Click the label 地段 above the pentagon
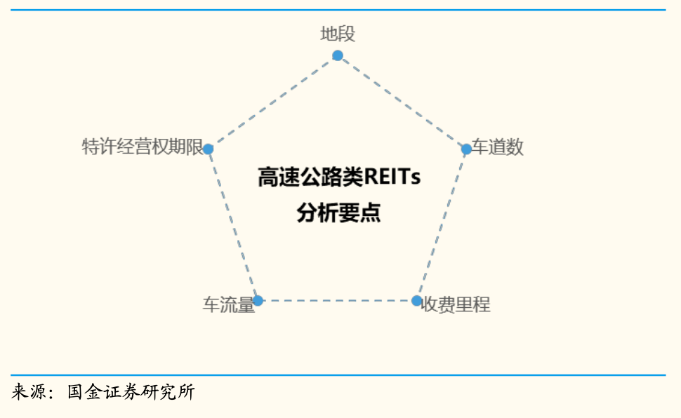coord(338,34)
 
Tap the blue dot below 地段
coord(338,55)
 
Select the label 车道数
coord(498,147)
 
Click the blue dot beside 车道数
coord(466,149)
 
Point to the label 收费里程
coord(456,304)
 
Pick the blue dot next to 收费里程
coord(416,300)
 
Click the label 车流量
coord(228,304)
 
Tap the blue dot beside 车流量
coord(258,300)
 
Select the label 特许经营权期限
coord(143,147)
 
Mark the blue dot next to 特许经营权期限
coord(209,149)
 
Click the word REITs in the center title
coord(392,177)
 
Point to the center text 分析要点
coord(339,213)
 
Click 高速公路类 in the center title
coord(310,177)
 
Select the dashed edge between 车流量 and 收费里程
coord(338,300)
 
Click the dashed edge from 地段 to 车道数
coord(402,102)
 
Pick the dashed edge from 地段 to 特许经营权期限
coord(272,102)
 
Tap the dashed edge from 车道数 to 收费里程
coord(442,225)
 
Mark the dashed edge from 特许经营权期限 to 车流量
coord(233,225)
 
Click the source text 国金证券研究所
coord(131,391)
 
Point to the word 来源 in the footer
coord(29,391)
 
